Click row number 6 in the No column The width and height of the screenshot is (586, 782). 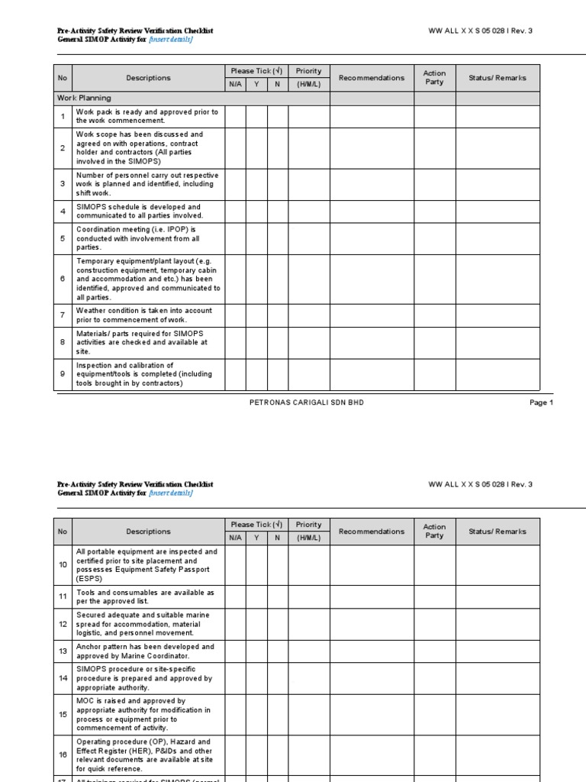tap(63, 280)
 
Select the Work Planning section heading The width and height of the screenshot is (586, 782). tap(83, 99)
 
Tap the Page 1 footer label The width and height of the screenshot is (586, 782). tap(541, 402)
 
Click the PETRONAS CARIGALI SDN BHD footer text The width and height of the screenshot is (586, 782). tap(307, 402)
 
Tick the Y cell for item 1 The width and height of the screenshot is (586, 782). tap(256, 116)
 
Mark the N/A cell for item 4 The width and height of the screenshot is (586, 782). tap(235, 212)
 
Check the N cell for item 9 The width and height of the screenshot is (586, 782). tap(278, 374)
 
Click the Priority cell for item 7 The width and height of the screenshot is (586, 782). tap(309, 315)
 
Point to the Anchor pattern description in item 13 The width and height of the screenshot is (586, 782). tap(145, 651)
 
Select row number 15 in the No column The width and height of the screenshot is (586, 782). tap(63, 714)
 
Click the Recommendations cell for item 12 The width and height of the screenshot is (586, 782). tap(372, 623)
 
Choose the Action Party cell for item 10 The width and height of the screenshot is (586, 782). tap(435, 565)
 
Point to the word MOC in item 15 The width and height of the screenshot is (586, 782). tap(85, 700)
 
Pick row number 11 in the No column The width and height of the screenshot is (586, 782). tap(63, 596)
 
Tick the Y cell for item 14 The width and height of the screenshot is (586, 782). tap(256, 677)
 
